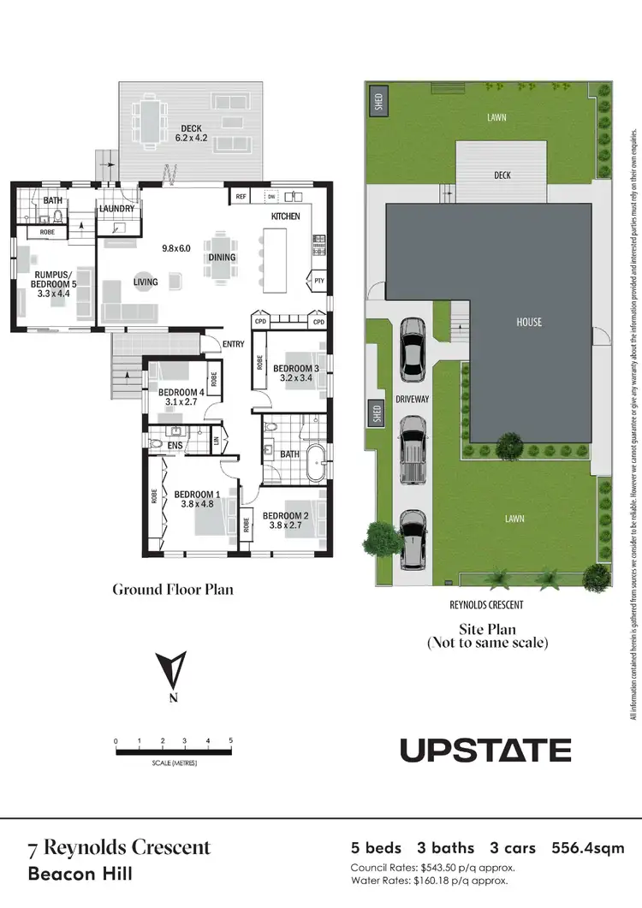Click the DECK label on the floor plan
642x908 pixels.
191,129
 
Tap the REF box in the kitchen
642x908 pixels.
241,196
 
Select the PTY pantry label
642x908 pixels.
318,280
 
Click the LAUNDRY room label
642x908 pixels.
116,208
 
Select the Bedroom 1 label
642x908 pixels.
197,494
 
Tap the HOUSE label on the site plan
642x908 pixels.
528,322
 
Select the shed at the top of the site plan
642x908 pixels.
377,103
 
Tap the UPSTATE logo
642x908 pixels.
485,751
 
